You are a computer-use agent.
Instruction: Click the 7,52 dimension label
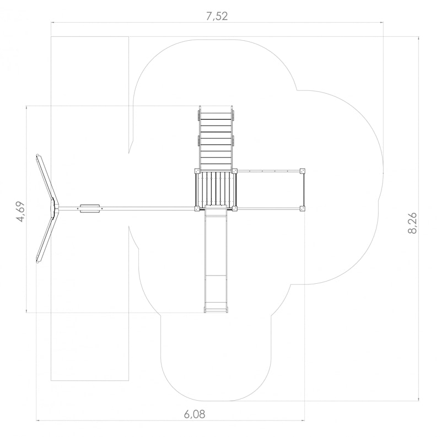217,17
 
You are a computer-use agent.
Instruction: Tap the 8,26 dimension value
412,223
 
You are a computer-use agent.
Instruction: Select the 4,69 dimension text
21,212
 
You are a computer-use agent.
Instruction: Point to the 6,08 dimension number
195,414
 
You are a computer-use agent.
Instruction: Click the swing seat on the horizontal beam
90,208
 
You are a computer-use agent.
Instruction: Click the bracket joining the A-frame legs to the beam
53,208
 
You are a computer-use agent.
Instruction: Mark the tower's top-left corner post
197,170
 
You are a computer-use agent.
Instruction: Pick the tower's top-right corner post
235,170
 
